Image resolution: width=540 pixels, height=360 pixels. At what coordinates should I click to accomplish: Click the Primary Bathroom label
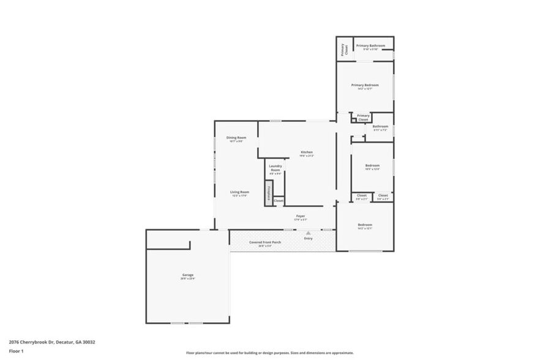(371, 46)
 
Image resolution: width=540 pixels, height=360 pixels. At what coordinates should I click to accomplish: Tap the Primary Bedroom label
(365, 85)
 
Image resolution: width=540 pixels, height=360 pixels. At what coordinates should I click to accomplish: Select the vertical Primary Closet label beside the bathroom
(344, 49)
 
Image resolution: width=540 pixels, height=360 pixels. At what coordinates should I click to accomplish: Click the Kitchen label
(307, 152)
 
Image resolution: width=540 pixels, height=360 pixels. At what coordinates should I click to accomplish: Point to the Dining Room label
(236, 138)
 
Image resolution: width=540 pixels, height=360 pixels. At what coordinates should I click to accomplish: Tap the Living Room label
(239, 192)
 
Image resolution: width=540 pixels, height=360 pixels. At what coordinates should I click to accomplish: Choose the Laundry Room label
(276, 168)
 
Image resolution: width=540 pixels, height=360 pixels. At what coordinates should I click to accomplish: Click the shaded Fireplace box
(268, 192)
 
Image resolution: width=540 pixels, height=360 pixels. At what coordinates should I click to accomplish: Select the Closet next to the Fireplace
(279, 201)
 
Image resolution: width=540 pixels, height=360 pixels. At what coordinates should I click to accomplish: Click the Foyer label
(301, 216)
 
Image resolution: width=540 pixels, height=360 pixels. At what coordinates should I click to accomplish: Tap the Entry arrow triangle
(309, 233)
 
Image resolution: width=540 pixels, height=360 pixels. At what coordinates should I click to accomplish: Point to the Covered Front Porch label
(265, 242)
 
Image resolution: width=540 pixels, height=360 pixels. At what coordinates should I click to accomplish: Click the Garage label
(188, 275)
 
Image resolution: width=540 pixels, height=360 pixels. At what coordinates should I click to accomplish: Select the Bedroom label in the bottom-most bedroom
(365, 225)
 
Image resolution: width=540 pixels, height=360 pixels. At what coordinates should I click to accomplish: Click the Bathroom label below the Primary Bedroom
(380, 127)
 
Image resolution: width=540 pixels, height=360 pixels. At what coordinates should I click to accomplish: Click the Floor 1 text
(16, 351)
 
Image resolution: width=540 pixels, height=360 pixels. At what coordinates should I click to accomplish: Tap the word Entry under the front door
(308, 238)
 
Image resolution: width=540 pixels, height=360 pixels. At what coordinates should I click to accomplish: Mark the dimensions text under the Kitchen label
(307, 156)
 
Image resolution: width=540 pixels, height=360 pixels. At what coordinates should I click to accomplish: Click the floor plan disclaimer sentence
(270, 353)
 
